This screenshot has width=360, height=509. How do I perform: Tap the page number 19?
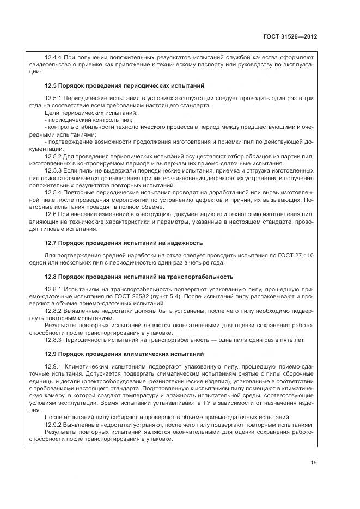pos(314,463)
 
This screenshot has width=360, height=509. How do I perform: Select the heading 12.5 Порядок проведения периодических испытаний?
pos(124,86)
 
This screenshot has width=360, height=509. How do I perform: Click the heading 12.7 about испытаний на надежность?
pos(124,243)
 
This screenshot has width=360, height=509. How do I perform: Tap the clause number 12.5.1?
pos(53,98)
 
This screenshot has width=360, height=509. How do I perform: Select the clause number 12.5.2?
pos(53,156)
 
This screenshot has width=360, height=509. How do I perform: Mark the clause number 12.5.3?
pos(53,171)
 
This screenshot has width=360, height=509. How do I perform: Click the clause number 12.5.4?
pos(53,193)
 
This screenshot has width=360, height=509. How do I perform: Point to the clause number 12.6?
pos(51,214)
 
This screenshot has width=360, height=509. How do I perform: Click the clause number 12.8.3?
pos(53,340)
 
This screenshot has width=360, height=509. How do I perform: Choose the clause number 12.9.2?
pos(53,425)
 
